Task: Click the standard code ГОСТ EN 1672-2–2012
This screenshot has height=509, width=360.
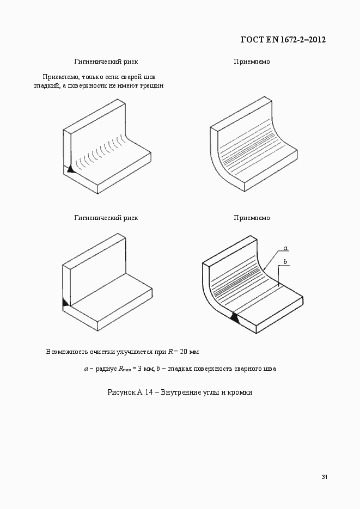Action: (x=283, y=40)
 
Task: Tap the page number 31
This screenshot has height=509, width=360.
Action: (x=324, y=477)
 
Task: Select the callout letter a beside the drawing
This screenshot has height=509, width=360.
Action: (x=284, y=248)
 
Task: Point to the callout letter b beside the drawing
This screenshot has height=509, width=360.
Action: (x=284, y=262)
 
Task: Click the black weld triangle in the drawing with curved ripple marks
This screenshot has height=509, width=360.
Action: (x=70, y=169)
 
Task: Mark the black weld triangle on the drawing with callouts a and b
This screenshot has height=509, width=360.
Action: (x=235, y=318)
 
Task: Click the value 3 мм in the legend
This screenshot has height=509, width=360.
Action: (x=144, y=369)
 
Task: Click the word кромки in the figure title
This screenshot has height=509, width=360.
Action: (x=240, y=392)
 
